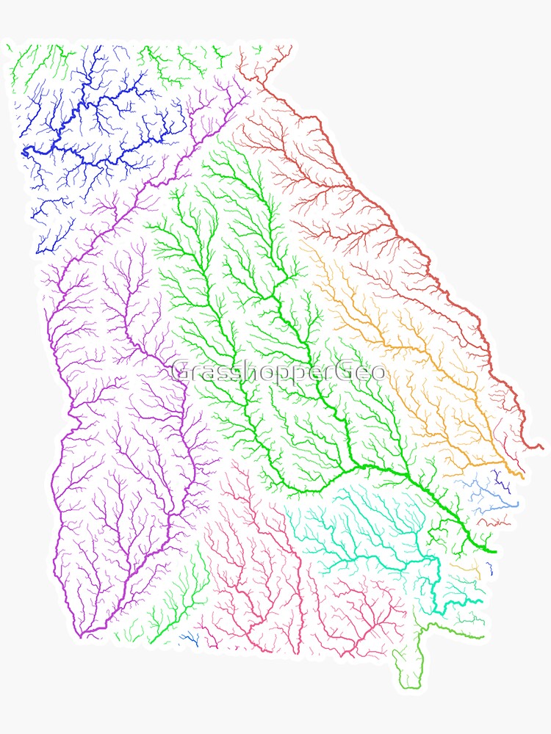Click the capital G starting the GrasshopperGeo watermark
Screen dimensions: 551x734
pos(181,371)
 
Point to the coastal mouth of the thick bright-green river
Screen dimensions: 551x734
pos(494,550)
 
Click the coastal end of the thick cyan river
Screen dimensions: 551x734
pos(481,602)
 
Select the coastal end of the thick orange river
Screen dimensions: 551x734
pos(522,476)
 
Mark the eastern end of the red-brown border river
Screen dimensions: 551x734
pos(542,446)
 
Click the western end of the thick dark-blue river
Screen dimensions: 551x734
pos(24,153)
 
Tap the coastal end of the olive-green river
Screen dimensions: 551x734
pos(483,637)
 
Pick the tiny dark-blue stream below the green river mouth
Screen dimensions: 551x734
pos(489,567)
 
